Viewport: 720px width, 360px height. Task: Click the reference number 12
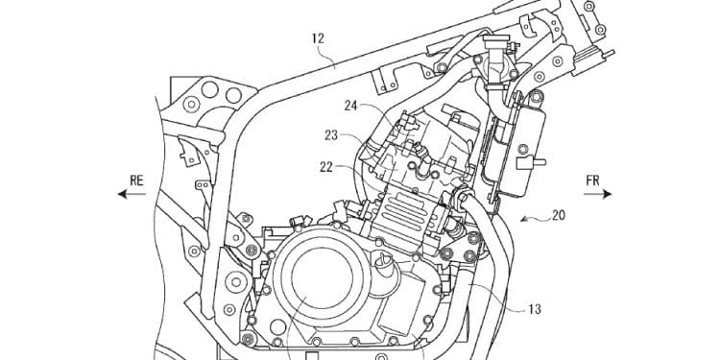tap(319, 37)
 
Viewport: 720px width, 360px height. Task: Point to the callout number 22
tap(327, 165)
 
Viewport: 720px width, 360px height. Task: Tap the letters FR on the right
tap(592, 178)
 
